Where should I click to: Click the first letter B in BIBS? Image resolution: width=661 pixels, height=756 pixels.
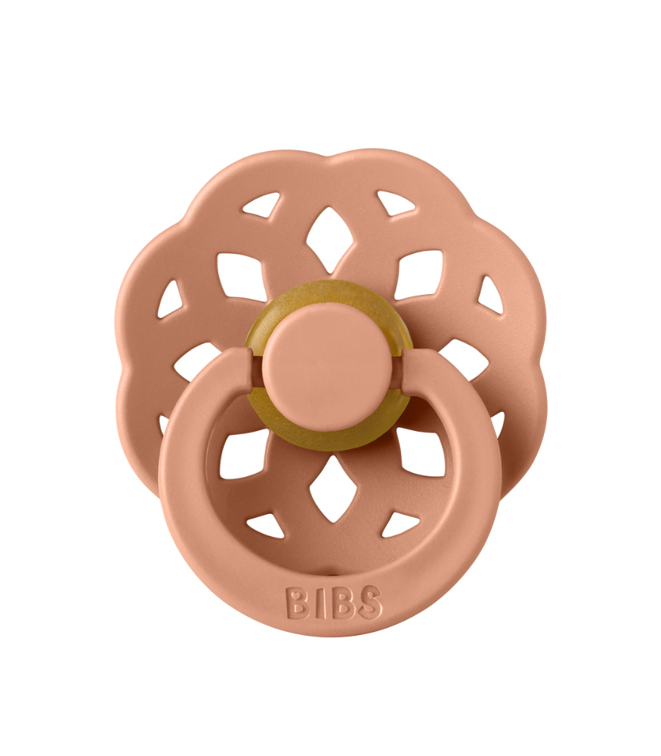click(296, 603)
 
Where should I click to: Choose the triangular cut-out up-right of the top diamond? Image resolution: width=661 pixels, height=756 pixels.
click(397, 203)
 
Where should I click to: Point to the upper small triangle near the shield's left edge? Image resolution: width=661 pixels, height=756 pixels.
click(171, 299)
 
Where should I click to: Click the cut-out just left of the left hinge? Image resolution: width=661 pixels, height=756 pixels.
click(198, 361)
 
